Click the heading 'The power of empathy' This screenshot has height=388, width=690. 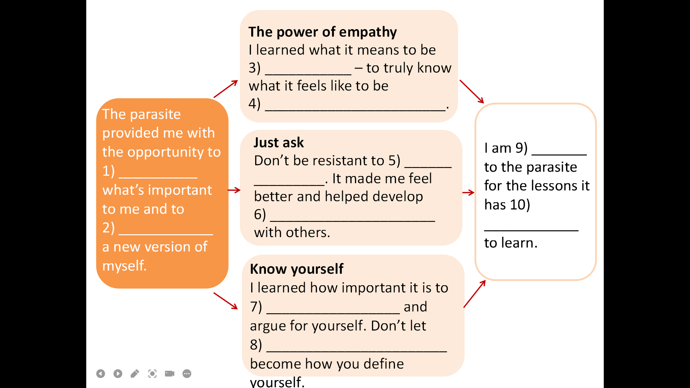click(322, 32)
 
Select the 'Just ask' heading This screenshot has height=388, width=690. click(279, 143)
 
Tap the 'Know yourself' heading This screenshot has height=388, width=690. click(296, 269)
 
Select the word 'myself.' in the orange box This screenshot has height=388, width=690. click(124, 266)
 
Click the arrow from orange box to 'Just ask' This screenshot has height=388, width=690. click(234, 190)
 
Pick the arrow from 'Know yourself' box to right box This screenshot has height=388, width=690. click(474, 294)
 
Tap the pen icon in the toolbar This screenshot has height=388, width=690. click(135, 374)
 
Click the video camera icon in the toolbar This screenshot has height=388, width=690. click(170, 374)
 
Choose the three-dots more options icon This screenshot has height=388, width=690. click(187, 374)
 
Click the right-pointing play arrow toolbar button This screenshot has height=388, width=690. click(118, 374)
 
